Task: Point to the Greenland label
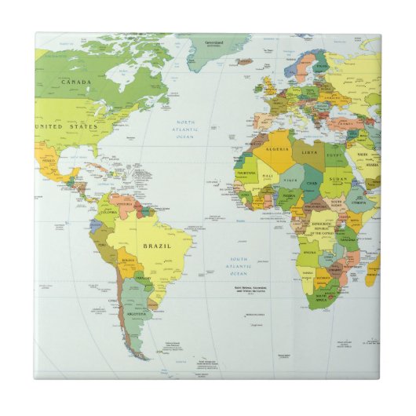[214, 42]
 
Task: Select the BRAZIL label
[155, 246]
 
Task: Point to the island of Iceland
[245, 60]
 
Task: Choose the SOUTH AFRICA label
[324, 297]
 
